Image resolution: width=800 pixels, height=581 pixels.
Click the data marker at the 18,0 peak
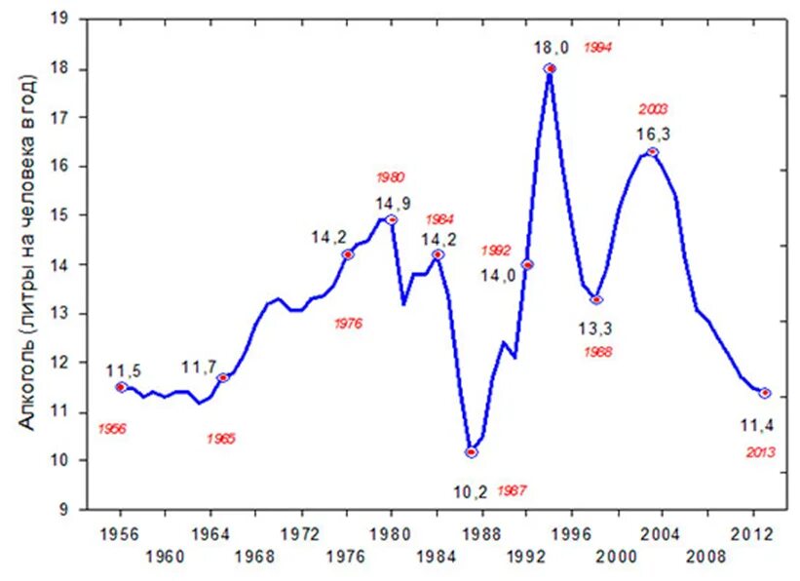(x=550, y=68)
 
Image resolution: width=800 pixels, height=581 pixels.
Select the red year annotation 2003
(x=653, y=109)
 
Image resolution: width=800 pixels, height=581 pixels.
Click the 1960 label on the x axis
(x=165, y=558)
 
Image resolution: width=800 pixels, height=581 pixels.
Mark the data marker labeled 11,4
(x=764, y=393)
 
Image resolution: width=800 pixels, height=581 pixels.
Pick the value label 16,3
(x=653, y=134)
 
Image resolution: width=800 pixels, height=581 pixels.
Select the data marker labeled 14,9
(x=392, y=219)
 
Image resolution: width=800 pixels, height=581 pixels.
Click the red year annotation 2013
(x=760, y=452)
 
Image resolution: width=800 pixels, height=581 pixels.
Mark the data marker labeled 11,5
(x=121, y=387)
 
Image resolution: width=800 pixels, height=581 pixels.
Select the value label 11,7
(x=200, y=368)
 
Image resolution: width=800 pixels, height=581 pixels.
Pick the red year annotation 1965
(x=221, y=439)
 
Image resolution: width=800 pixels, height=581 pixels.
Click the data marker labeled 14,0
(x=527, y=264)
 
